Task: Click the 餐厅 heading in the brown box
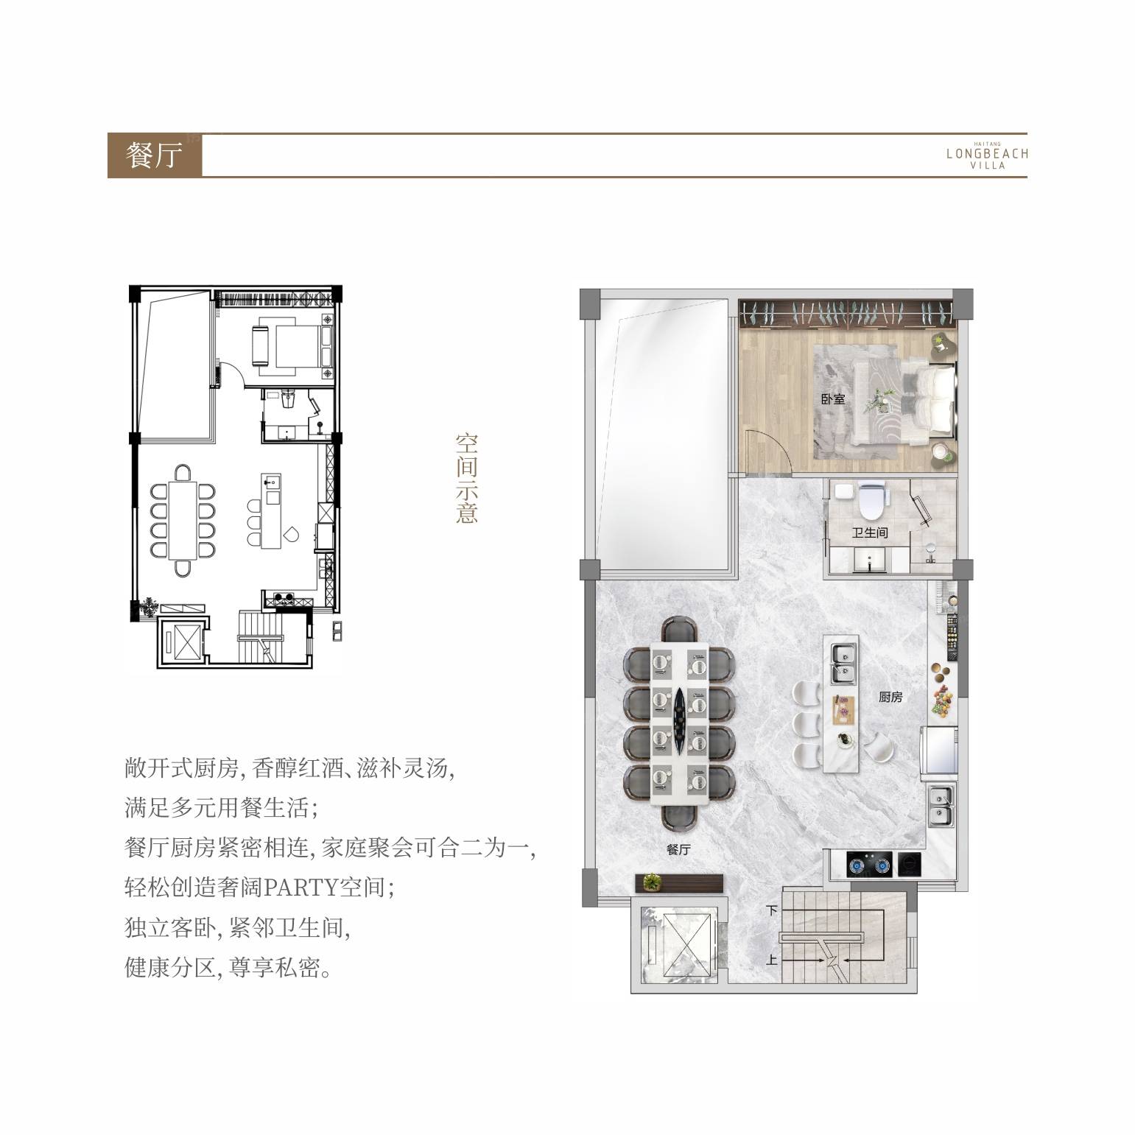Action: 154,155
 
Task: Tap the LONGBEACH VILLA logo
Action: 987,155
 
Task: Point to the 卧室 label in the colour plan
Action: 833,399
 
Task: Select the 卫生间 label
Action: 870,532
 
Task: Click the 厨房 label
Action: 890,697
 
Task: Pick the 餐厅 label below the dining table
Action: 678,849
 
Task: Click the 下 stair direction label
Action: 772,910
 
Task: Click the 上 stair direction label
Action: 772,960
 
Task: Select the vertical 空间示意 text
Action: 466,478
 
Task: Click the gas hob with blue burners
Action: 869,865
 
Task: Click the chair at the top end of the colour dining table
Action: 679,631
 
